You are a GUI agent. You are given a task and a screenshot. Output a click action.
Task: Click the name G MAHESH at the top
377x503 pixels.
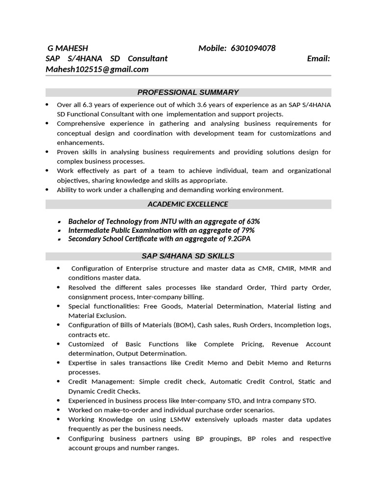(x=68, y=48)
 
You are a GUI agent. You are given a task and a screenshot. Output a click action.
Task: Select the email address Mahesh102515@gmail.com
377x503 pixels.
(x=97, y=69)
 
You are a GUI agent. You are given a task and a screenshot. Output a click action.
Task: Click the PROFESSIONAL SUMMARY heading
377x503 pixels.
(x=188, y=92)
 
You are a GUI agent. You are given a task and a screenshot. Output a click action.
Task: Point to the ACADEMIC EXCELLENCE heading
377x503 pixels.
(x=188, y=204)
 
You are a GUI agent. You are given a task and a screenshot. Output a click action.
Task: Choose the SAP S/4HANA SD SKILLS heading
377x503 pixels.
(x=188, y=256)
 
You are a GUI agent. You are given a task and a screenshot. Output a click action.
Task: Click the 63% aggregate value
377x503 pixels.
(x=253, y=222)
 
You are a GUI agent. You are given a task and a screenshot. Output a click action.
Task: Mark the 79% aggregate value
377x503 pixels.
(x=247, y=230)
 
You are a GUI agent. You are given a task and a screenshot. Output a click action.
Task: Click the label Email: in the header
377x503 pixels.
(x=318, y=59)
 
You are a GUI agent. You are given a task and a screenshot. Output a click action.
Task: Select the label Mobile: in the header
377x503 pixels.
(x=212, y=48)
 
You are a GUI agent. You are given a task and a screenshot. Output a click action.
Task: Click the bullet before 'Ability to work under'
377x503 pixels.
(x=47, y=190)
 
